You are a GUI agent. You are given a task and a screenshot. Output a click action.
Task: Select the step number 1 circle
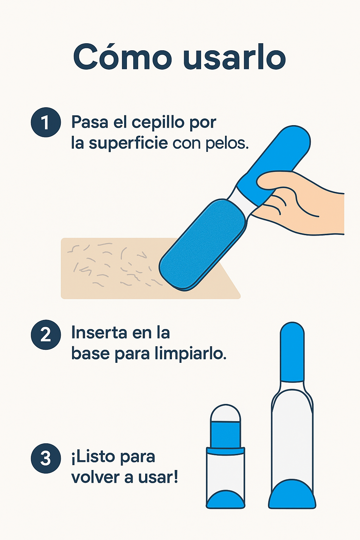pyautogui.click(x=46, y=122)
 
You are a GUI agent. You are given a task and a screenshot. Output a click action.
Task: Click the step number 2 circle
pyautogui.click(x=46, y=334)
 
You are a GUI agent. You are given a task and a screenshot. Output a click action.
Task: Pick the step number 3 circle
pyautogui.click(x=46, y=458)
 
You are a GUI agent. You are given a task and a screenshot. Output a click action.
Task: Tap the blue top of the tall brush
pyautogui.click(x=292, y=352)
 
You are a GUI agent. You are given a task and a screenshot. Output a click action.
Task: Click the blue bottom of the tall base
pyautogui.click(x=292, y=496)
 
